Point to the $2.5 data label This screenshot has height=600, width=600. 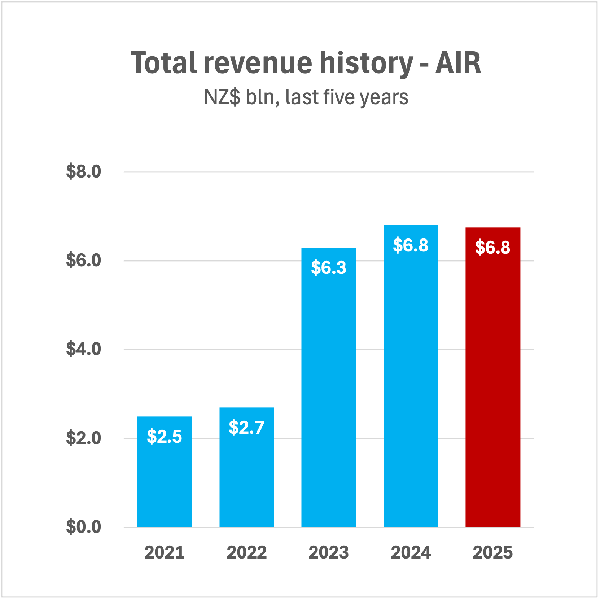coord(165,436)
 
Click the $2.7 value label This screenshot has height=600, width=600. coord(247,427)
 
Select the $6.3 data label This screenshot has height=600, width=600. coord(329,267)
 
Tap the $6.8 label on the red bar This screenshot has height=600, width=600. coord(493,248)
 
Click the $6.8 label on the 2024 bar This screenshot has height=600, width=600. coord(411,245)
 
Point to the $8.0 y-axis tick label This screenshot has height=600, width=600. coord(83,171)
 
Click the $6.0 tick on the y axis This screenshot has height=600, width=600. coord(83,260)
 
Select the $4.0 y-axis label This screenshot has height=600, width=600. coord(83,349)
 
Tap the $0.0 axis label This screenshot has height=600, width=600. coord(83,527)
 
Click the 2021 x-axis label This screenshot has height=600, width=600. coord(165,552)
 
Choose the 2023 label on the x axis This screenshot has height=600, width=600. coord(329,552)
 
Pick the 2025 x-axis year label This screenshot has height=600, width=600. coord(493,552)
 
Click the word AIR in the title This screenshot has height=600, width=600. coord(458,63)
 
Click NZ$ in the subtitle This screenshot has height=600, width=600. coord(222,97)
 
